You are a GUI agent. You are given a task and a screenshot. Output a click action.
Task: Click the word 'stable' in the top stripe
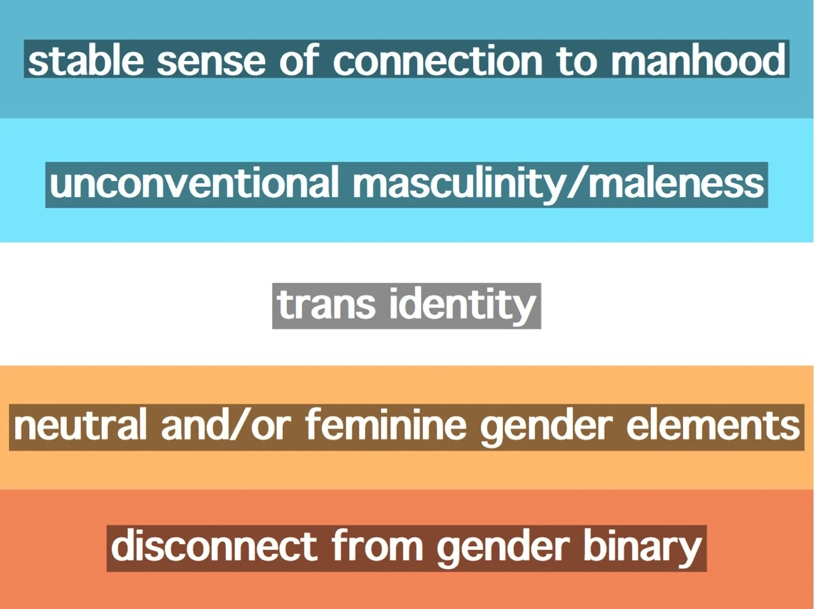pos(86,59)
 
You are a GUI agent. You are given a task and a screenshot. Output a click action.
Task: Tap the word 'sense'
pos(211,62)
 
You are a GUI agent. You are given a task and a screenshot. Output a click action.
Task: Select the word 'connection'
pos(438,59)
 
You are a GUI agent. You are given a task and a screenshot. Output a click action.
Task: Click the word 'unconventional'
pos(194,182)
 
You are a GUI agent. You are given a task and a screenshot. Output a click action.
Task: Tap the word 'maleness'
pos(676,182)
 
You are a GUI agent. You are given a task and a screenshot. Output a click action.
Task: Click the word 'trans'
pos(326,305)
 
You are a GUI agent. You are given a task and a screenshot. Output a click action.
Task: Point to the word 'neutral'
pos(79,426)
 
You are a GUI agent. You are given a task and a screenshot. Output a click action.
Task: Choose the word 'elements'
pos(713,426)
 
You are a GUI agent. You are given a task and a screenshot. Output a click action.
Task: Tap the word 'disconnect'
pos(214,546)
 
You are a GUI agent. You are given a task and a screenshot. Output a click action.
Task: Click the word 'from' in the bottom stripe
pos(377,546)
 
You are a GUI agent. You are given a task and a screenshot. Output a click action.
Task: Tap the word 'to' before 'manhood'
pos(577,61)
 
